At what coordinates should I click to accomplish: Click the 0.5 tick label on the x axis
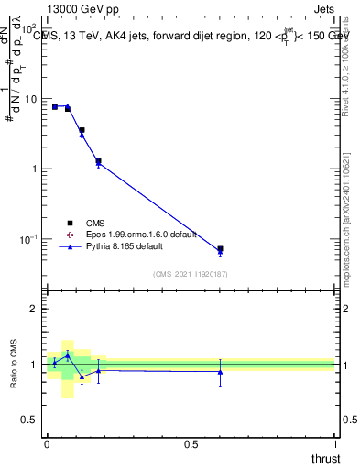pyautogui.click(x=191, y=444)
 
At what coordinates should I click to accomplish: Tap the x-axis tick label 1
pyautogui.click(x=334, y=444)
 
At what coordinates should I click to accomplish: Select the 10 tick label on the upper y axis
pyautogui.click(x=32, y=99)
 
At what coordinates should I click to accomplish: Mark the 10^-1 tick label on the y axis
pyautogui.click(x=29, y=240)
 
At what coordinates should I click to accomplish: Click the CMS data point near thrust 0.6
pyautogui.click(x=220, y=249)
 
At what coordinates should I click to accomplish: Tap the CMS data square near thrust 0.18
pyautogui.click(x=98, y=161)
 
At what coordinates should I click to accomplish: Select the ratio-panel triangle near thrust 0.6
pyautogui.click(x=220, y=371)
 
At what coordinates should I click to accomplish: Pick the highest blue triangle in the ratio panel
pyautogui.click(x=68, y=354)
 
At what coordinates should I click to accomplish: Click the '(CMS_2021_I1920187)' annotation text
pyautogui.click(x=191, y=274)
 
